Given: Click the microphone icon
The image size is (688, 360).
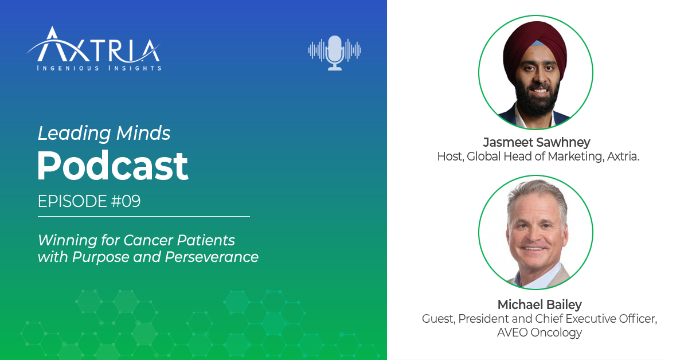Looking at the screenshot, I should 334,52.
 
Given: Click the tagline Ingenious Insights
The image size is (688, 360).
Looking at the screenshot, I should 99,68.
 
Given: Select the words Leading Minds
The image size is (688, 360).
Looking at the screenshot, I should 104,134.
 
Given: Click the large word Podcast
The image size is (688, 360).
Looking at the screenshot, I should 112,166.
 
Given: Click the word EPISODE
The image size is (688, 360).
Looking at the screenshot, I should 68,202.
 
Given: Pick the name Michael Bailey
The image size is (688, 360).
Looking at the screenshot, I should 539,304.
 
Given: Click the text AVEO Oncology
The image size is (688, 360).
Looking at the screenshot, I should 539,332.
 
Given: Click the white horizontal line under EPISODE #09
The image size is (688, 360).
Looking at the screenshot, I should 143,217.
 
